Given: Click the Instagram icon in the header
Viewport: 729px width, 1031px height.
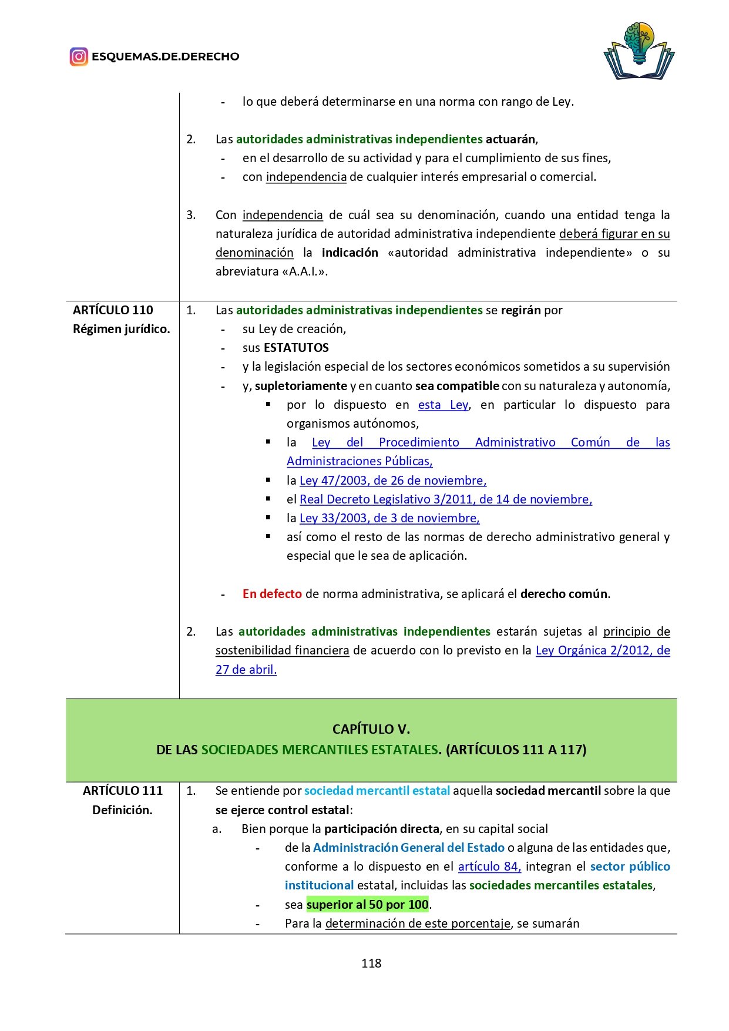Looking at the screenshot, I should pos(79,56).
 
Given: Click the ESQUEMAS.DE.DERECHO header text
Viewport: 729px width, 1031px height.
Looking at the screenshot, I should pos(165,57).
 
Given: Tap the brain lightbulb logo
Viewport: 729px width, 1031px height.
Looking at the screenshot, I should pos(639,51).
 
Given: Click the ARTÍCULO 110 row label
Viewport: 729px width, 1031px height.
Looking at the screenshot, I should pos(113,310).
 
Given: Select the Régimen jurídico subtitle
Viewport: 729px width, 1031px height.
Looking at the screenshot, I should pos(121,329).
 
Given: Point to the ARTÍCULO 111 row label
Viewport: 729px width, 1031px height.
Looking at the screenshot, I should pos(122,791).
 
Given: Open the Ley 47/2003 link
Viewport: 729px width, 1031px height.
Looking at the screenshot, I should pos(392,481).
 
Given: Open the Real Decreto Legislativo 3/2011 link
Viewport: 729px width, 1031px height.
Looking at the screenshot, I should pos(445,499).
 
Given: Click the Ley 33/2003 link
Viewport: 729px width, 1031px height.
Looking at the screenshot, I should pos(389,518).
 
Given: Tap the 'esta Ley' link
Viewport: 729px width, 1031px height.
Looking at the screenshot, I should pos(443,405).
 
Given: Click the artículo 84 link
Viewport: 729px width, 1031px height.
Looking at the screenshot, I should pos(489,867).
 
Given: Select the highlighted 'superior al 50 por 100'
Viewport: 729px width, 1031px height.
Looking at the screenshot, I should pos(367,905).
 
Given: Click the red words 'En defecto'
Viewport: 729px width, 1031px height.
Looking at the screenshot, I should pos(272,594).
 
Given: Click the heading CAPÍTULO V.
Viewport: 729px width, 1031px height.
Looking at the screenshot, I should pos(371,730).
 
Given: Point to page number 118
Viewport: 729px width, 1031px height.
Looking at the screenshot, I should pos(371,963).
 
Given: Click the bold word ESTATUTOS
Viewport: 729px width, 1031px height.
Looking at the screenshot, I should pos(296,348).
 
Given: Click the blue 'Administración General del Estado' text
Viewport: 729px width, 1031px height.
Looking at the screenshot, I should pos(408,848).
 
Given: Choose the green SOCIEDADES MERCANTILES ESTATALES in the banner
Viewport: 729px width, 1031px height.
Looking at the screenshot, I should pos(320,750).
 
